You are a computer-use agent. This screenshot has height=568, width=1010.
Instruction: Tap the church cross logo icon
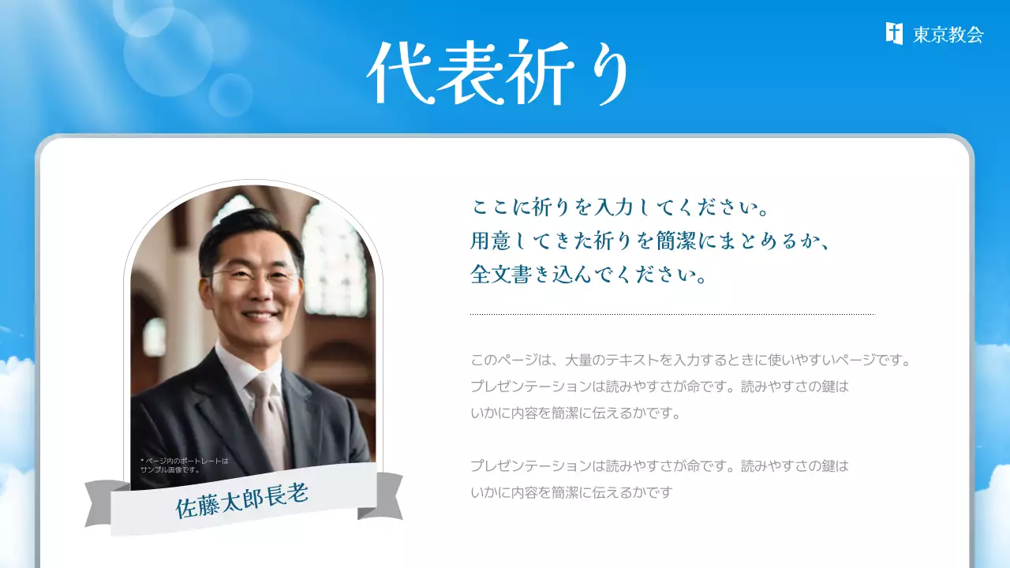(x=894, y=33)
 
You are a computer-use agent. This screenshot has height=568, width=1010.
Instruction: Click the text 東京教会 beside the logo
(x=948, y=35)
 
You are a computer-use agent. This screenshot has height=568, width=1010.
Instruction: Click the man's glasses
(x=254, y=277)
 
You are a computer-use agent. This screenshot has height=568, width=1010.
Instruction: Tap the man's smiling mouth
(x=260, y=314)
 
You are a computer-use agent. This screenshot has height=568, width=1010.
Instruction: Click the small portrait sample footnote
(x=183, y=465)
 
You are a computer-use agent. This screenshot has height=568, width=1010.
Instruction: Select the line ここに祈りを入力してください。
(x=619, y=209)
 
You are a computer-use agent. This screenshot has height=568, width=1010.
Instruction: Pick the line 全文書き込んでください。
(x=587, y=275)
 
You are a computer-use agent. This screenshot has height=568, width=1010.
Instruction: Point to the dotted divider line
(x=672, y=314)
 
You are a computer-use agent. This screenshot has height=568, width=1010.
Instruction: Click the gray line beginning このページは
(x=690, y=361)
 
